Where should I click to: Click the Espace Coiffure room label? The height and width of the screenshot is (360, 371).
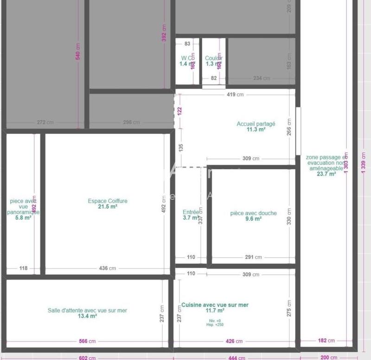tap(108, 201)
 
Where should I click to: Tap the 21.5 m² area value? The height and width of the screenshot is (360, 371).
tap(108, 207)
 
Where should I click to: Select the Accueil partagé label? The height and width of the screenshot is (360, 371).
tap(256, 124)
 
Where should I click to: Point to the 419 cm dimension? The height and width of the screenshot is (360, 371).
tap(235, 95)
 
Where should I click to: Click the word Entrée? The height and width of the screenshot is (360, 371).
tap(191, 212)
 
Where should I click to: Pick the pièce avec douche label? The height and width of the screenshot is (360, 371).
tap(253, 213)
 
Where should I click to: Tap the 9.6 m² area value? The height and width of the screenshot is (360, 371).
tap(253, 219)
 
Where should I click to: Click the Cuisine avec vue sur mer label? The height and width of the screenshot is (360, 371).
tap(215, 305)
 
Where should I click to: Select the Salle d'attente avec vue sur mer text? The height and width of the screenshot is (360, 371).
tap(87, 310)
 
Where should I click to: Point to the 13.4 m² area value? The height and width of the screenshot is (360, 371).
tap(87, 316)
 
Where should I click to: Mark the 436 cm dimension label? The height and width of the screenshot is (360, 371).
tap(108, 268)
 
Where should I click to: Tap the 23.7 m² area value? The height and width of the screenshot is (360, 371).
tap(326, 174)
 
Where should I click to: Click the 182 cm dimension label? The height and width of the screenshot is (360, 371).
tap(326, 341)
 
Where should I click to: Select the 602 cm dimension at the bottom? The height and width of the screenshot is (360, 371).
tap(87, 358)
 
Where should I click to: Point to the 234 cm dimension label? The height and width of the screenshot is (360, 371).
tap(261, 78)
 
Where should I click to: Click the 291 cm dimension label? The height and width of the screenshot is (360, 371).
tap(253, 257)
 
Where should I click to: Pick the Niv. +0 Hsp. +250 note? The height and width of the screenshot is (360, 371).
tap(215, 322)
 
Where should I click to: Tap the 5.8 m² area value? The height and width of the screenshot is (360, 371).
tap(23, 218)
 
